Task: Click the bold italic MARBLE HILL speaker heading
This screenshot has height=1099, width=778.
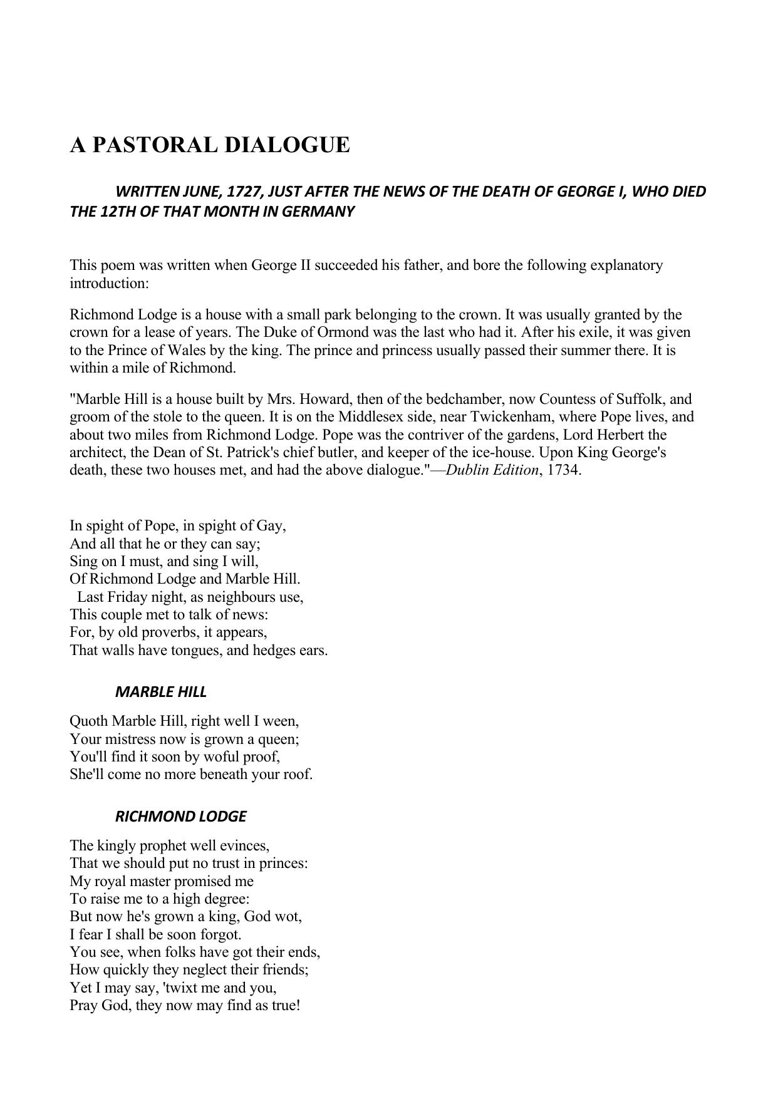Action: [x=161, y=692]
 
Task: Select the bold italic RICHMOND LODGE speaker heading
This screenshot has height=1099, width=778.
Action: [x=180, y=817]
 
